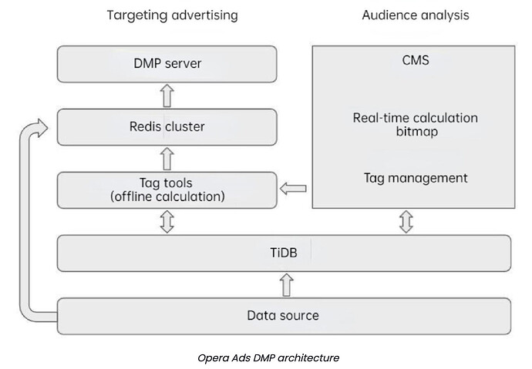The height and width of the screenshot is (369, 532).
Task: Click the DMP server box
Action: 167,64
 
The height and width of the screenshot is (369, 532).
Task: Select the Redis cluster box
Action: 167,127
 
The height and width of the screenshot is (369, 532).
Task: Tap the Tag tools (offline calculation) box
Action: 167,190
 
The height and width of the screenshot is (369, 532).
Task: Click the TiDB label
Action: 284,253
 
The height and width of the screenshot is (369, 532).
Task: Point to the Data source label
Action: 283,316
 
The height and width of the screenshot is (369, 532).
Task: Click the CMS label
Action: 416,60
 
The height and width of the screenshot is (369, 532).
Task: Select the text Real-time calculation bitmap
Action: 416,124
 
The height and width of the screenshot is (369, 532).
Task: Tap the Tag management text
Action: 416,178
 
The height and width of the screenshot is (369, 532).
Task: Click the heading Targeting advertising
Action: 173,15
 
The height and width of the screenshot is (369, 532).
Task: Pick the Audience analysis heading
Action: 416,15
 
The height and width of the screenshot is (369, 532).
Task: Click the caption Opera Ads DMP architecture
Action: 268,357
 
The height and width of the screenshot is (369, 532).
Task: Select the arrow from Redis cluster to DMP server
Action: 167,96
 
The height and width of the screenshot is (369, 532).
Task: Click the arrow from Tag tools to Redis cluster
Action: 167,159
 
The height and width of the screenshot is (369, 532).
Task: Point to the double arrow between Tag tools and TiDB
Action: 167,222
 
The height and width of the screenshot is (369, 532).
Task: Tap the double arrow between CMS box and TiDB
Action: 406,222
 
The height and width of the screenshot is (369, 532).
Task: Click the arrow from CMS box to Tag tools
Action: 293,189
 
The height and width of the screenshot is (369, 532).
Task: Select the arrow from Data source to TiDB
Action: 287,285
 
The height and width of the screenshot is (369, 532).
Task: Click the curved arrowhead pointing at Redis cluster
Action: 42,128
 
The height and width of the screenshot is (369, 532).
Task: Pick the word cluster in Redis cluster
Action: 185,126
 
